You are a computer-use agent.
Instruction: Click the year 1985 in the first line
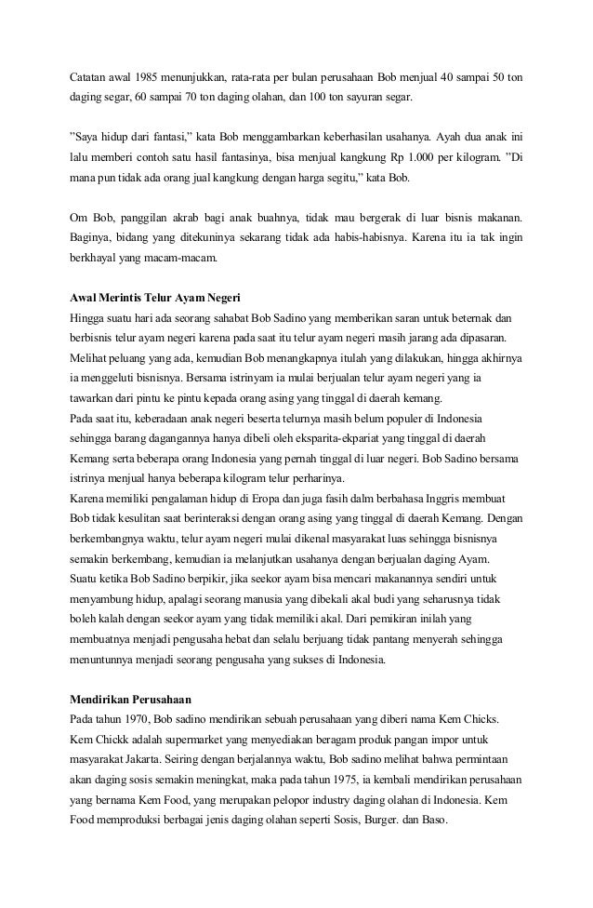pyautogui.click(x=148, y=74)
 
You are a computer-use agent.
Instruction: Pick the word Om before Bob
pyautogui.click(x=80, y=215)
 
